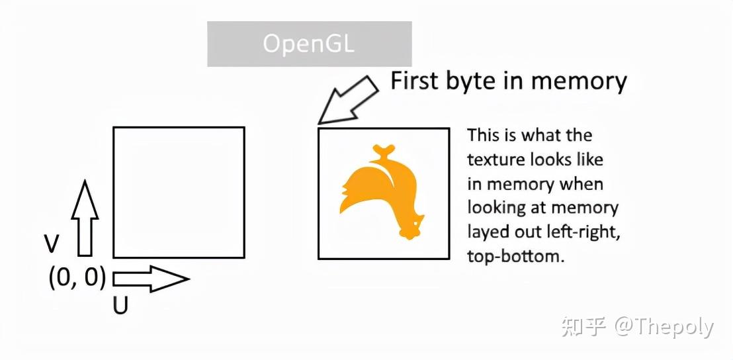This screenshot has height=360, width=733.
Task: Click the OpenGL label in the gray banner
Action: click(309, 44)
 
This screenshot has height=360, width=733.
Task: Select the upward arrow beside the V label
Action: click(85, 218)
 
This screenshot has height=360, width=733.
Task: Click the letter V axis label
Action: click(52, 244)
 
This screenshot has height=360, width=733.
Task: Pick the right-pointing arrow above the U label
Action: click(151, 279)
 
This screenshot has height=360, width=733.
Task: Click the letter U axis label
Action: click(120, 306)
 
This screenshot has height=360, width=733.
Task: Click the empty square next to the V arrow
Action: click(179, 192)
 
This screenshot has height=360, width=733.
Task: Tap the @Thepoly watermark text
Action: click(664, 327)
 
